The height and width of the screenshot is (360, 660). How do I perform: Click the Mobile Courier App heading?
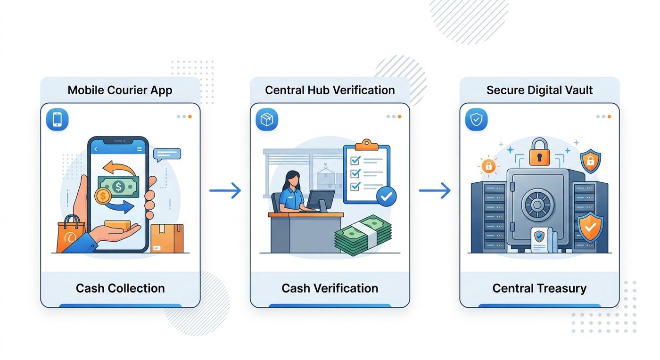(x=120, y=90)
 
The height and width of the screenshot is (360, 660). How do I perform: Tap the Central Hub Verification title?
(x=330, y=90)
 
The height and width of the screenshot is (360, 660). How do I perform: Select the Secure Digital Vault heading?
(x=539, y=90)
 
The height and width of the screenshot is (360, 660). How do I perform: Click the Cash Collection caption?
(x=120, y=288)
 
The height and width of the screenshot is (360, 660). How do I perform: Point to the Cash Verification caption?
(x=330, y=288)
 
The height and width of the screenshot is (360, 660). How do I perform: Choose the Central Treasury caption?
(x=539, y=288)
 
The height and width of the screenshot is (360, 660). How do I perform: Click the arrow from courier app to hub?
(x=225, y=190)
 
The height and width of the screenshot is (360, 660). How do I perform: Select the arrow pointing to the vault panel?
(x=435, y=190)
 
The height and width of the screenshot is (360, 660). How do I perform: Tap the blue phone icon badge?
(x=57, y=119)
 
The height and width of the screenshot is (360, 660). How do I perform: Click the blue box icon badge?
(x=267, y=119)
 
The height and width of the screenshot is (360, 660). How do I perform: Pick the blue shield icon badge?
(x=477, y=119)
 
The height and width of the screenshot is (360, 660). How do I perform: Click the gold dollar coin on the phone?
(x=103, y=196)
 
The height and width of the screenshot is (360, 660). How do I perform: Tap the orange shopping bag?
(x=70, y=234)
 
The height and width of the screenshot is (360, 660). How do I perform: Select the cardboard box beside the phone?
(x=167, y=238)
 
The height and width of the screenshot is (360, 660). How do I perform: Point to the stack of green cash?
(x=363, y=235)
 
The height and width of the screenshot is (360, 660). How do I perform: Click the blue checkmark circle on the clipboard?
(x=386, y=196)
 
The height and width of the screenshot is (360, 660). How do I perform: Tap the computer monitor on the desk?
(x=320, y=201)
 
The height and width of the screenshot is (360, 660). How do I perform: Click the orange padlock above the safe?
(x=539, y=152)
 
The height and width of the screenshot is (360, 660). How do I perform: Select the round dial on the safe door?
(x=537, y=205)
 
